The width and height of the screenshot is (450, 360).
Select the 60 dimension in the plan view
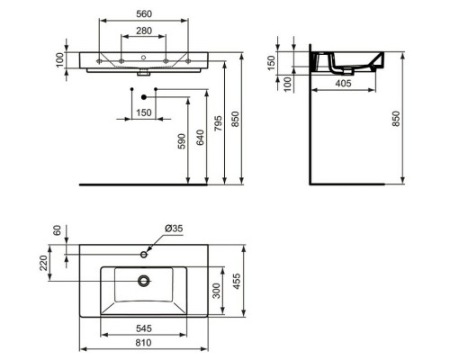(58, 231)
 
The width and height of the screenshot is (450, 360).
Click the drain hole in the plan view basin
(143, 280)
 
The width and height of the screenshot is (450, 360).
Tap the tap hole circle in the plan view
(143, 256)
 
